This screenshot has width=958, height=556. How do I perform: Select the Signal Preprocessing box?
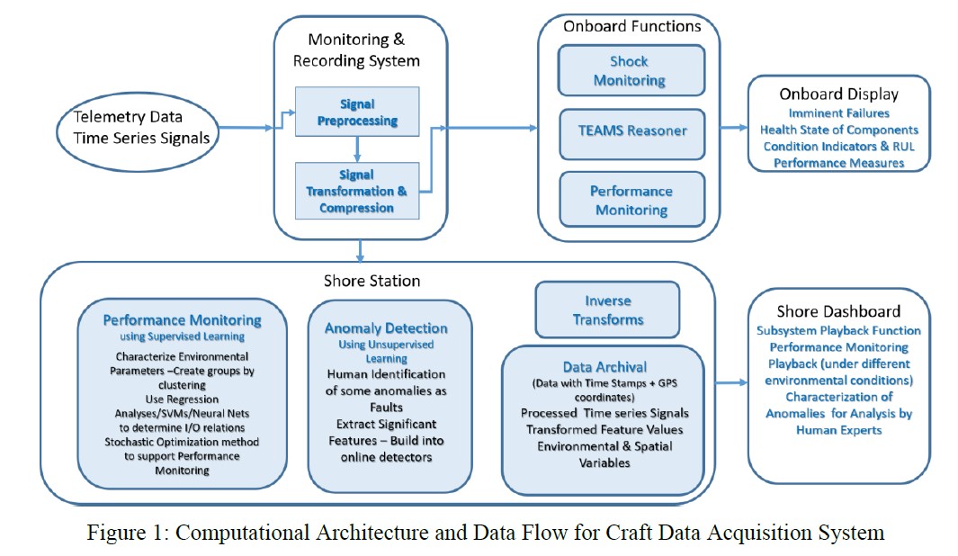(357, 112)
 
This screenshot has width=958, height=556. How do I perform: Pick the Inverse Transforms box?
(607, 309)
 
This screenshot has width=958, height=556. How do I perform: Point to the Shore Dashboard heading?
(837, 311)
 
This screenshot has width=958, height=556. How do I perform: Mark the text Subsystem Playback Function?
(837, 330)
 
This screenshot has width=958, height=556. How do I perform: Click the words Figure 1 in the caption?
(118, 533)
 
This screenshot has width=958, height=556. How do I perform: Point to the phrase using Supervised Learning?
(182, 336)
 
